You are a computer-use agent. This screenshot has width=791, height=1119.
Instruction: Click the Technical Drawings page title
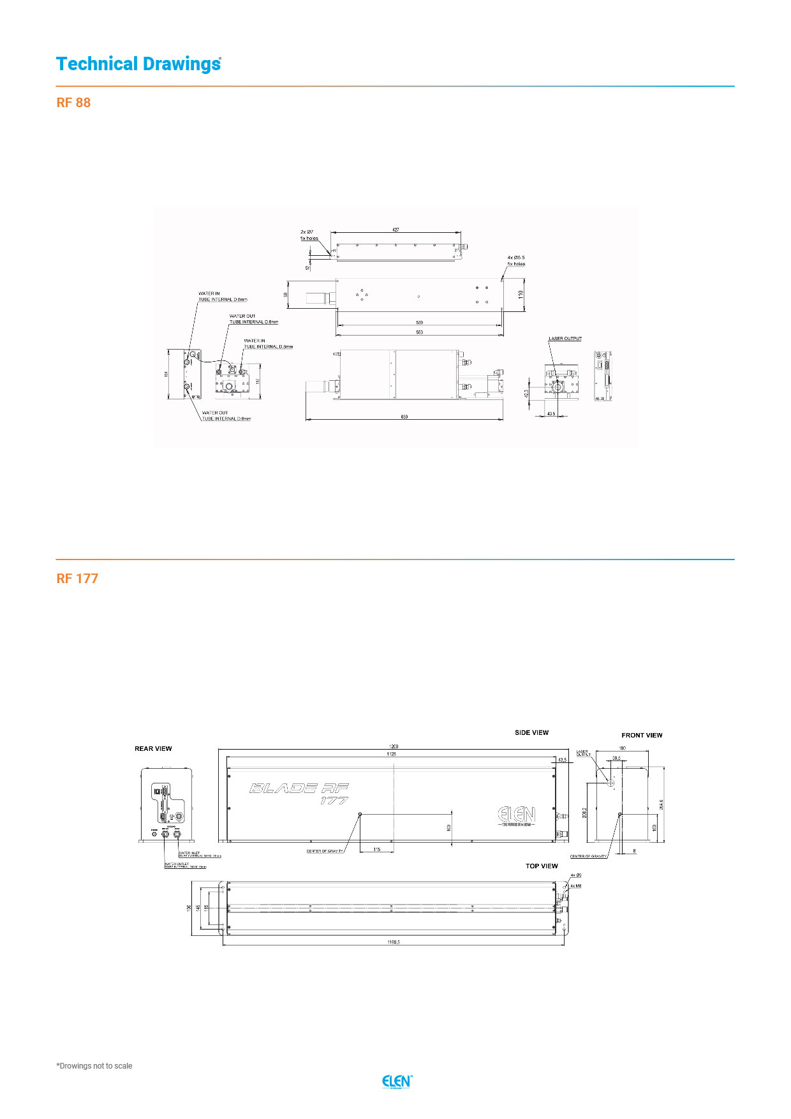[138, 64]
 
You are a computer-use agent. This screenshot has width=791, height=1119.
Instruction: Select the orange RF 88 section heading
[73, 103]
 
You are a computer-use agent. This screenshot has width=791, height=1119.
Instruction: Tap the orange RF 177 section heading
[77, 579]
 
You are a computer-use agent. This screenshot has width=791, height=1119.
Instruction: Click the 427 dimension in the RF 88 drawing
[395, 230]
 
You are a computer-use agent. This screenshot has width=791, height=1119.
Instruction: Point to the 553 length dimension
[419, 332]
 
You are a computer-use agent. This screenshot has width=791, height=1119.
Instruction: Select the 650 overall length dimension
[404, 417]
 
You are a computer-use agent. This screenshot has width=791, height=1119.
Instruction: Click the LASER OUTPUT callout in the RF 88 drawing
[565, 339]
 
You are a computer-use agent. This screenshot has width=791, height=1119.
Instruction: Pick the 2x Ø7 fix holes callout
[309, 235]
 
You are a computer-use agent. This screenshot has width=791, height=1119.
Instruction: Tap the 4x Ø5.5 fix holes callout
[516, 260]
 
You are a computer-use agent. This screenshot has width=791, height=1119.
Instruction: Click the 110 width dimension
[521, 294]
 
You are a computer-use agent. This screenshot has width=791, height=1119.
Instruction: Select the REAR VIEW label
[153, 749]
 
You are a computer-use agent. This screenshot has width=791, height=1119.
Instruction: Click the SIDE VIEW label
[531, 732]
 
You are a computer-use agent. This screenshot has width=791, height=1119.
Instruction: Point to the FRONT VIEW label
[642, 736]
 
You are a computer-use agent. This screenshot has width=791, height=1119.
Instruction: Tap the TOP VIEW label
[542, 866]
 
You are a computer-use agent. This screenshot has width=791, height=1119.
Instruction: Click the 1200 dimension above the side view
[394, 746]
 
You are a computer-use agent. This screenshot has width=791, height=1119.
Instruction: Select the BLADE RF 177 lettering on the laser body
[299, 793]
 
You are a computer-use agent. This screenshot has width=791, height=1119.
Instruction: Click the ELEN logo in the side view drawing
[516, 815]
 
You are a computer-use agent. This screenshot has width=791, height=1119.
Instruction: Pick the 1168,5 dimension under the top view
[394, 942]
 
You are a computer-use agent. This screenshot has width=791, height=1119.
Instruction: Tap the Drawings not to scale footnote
[94, 1065]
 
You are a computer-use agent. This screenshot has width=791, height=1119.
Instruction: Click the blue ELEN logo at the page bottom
[397, 1081]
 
